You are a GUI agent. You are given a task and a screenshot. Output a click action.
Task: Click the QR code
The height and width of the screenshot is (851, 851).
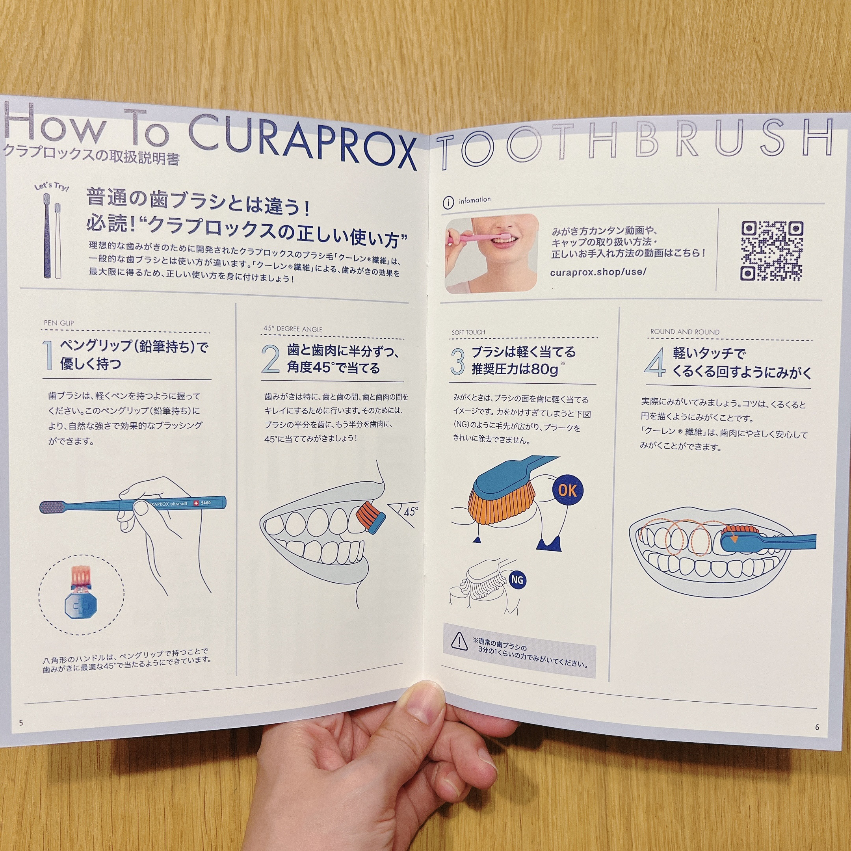(x=772, y=251)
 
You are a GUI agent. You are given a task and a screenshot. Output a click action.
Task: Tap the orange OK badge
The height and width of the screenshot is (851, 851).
(x=567, y=490)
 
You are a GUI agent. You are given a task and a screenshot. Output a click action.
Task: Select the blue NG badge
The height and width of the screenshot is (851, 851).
(x=517, y=580)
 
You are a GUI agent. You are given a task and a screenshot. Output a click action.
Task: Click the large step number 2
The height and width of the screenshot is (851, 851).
(x=270, y=359)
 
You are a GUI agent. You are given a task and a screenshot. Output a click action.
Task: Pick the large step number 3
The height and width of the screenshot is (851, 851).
(x=458, y=362)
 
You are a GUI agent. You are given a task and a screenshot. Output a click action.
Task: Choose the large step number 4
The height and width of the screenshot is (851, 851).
(x=654, y=362)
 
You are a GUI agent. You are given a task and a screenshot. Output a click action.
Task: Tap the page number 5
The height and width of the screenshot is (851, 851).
(x=21, y=723)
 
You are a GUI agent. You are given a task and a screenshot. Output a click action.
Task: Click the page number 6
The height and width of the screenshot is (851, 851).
(x=817, y=727)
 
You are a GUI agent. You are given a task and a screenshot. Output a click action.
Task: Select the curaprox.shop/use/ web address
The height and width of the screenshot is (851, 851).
(x=598, y=272)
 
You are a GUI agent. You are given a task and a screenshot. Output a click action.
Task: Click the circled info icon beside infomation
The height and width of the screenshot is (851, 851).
(x=448, y=203)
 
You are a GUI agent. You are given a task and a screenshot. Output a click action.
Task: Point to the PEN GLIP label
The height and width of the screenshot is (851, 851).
(x=59, y=323)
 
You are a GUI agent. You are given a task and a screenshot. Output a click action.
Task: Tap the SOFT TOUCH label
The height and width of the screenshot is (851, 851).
(x=468, y=333)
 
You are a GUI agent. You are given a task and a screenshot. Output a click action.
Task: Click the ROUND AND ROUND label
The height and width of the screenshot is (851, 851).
(x=685, y=332)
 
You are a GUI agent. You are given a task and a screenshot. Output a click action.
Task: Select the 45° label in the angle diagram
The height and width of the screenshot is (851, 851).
(x=411, y=511)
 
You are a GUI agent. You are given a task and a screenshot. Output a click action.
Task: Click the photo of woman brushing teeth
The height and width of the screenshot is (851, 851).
(x=491, y=254)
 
